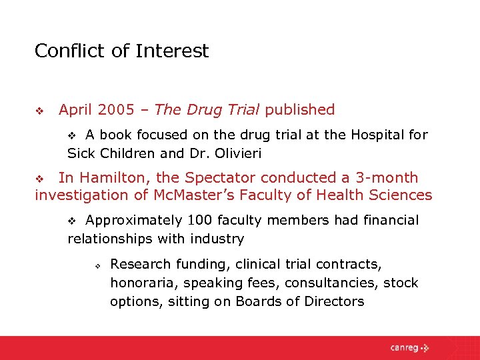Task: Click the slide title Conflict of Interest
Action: (x=121, y=51)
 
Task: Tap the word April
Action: (x=77, y=109)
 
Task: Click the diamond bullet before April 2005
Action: (x=39, y=110)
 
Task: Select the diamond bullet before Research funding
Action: (x=97, y=265)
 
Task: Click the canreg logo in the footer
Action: (x=410, y=347)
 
